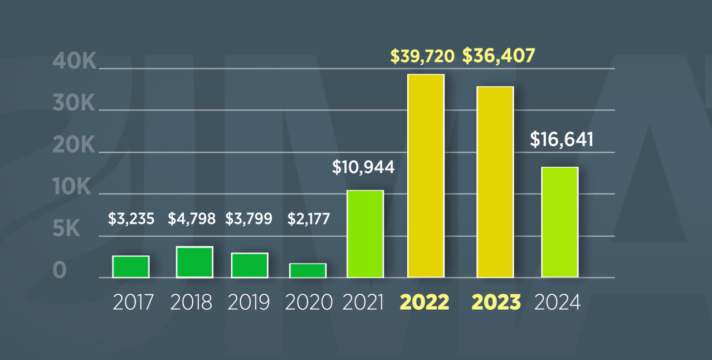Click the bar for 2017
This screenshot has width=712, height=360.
(x=131, y=266)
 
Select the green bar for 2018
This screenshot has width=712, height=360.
(x=194, y=262)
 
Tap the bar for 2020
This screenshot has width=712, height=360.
(x=308, y=270)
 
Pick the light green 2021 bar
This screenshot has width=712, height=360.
(x=365, y=234)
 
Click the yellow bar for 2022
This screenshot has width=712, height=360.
(x=426, y=176)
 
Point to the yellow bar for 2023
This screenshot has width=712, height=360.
(x=495, y=182)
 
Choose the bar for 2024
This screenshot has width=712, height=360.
(x=560, y=222)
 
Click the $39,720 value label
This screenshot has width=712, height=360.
(x=422, y=56)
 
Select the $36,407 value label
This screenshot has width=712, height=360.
(x=499, y=56)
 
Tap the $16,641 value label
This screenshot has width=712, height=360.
(x=562, y=140)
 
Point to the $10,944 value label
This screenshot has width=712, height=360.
(x=363, y=167)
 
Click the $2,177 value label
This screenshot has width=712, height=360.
(x=309, y=219)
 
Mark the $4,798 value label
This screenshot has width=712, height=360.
(x=192, y=219)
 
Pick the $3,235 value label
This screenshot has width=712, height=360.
(x=131, y=219)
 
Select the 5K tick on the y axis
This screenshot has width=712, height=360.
(x=67, y=229)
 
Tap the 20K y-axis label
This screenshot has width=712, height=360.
(x=74, y=146)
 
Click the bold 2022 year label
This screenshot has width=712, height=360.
(x=425, y=303)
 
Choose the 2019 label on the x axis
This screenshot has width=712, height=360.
(x=249, y=303)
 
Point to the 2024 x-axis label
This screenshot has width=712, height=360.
(x=557, y=303)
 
